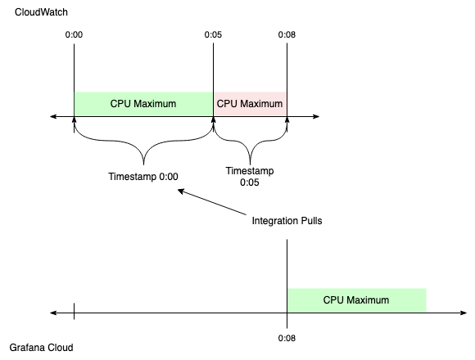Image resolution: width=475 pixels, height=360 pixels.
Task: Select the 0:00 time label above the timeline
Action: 74,35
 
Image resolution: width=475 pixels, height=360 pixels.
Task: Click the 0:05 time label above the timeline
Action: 213,35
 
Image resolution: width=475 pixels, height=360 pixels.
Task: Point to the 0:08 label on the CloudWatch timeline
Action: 287,35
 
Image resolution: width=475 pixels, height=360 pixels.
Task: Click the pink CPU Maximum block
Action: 250,104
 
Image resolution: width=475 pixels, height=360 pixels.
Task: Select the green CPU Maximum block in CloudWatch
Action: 143,104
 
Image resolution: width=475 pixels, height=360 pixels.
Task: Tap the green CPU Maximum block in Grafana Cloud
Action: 356,299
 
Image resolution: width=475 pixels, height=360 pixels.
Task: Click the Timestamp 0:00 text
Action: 143,176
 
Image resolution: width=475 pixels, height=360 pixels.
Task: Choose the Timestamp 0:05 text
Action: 250,177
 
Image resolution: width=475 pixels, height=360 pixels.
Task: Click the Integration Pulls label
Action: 286,222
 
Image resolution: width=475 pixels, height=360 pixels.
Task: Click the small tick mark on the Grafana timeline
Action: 74,312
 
